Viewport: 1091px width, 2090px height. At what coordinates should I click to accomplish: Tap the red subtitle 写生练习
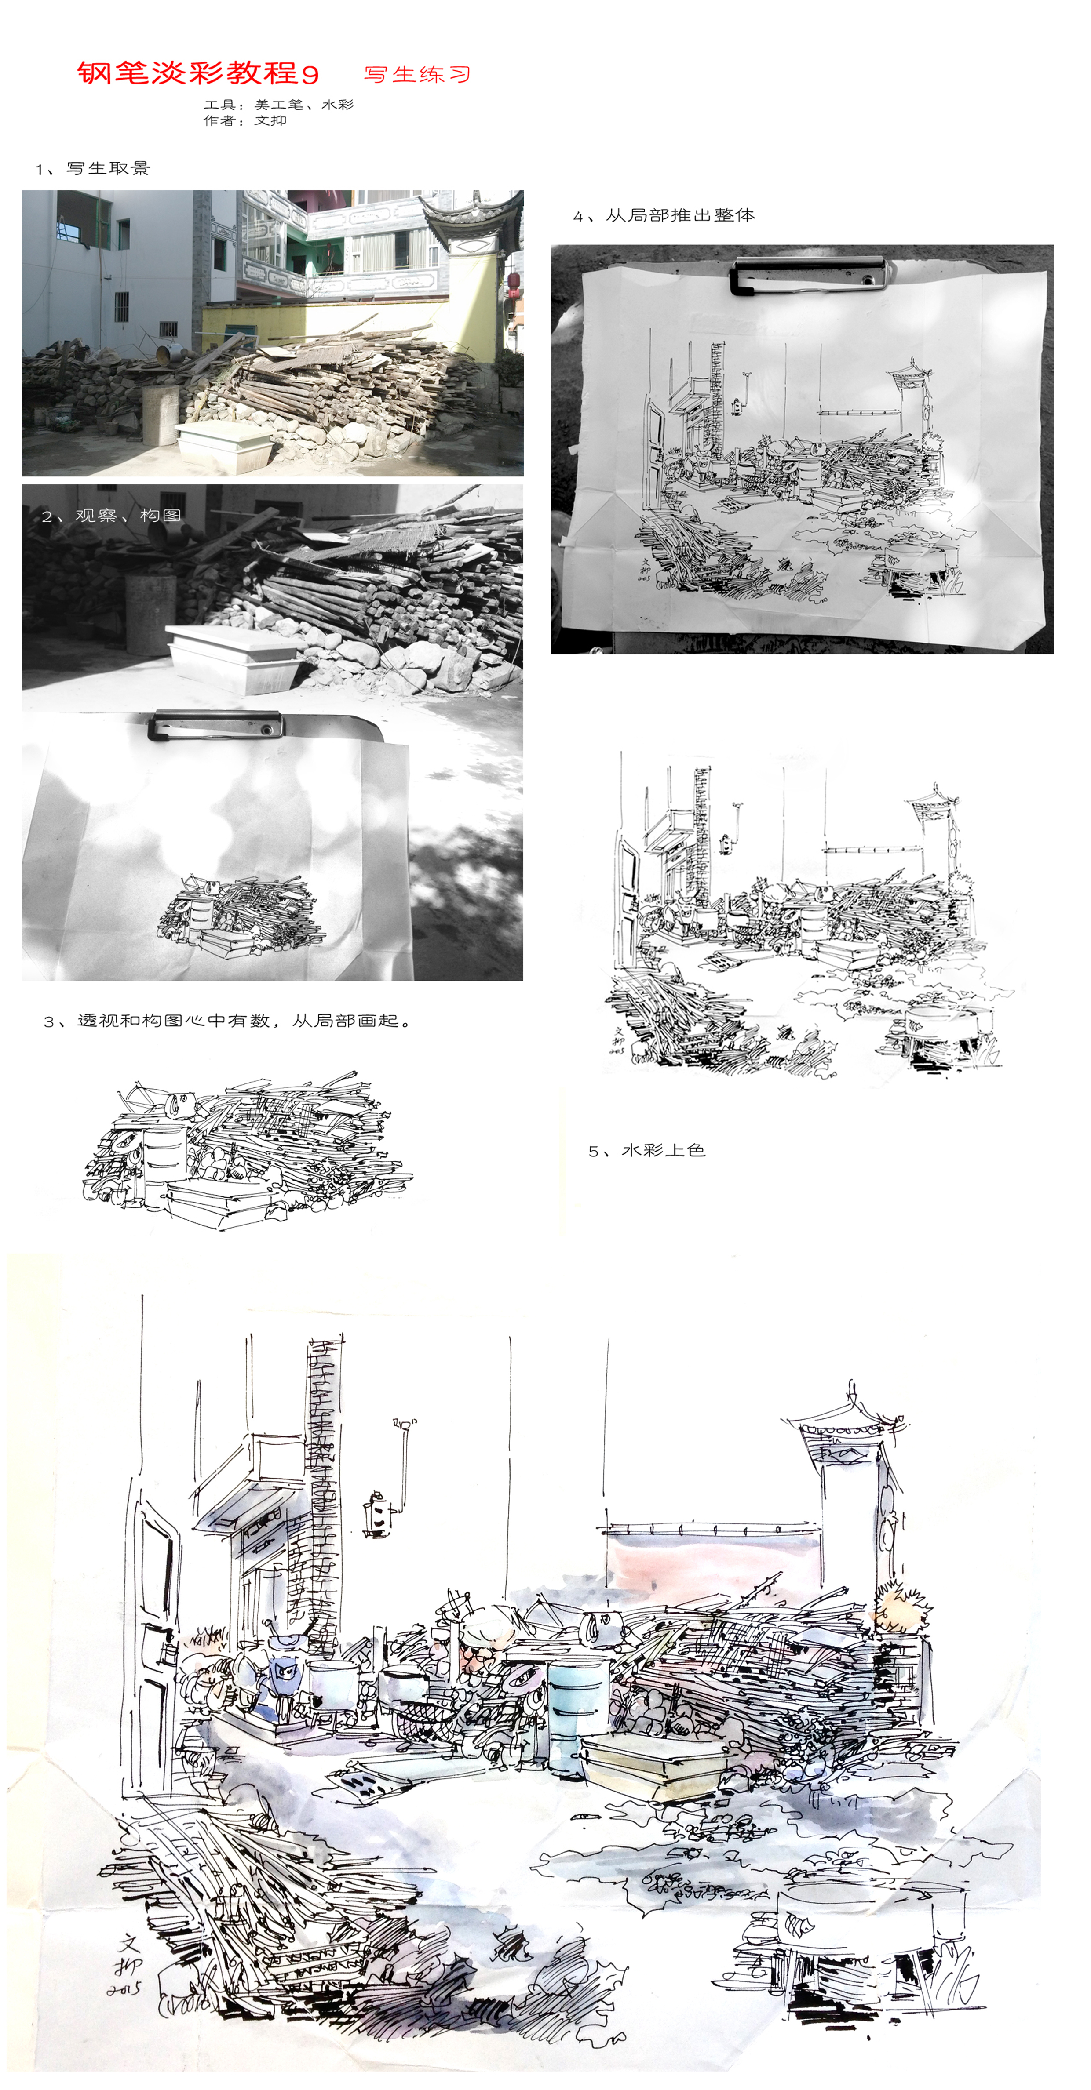[x=417, y=75]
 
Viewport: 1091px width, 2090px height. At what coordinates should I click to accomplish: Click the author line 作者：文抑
[x=244, y=120]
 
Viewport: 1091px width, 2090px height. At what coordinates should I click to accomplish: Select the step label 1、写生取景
[x=92, y=168]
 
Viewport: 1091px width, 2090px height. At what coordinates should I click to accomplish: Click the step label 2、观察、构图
[x=111, y=515]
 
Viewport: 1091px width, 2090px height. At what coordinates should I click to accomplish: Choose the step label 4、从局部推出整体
[x=664, y=215]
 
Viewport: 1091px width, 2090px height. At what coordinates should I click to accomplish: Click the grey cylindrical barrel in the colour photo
[x=161, y=414]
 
